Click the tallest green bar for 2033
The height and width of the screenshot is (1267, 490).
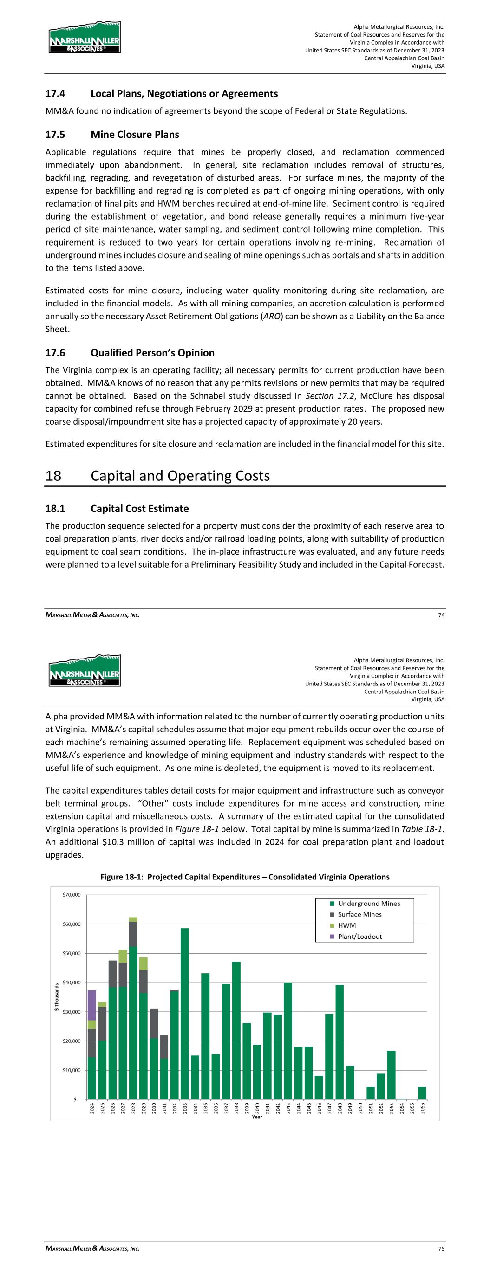tap(185, 1014)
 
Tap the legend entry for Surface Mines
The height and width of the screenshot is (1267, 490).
tap(359, 914)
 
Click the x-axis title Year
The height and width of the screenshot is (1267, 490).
tap(256, 1117)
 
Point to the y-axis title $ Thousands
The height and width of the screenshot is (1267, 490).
tap(57, 997)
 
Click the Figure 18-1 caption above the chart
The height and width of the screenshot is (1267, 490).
tap(245, 877)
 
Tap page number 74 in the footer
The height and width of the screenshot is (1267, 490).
tap(441, 615)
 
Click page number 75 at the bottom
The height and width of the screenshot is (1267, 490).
tap(441, 1249)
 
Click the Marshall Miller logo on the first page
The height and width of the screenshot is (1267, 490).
tap(85, 38)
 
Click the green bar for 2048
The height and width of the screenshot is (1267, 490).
tap(340, 1043)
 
